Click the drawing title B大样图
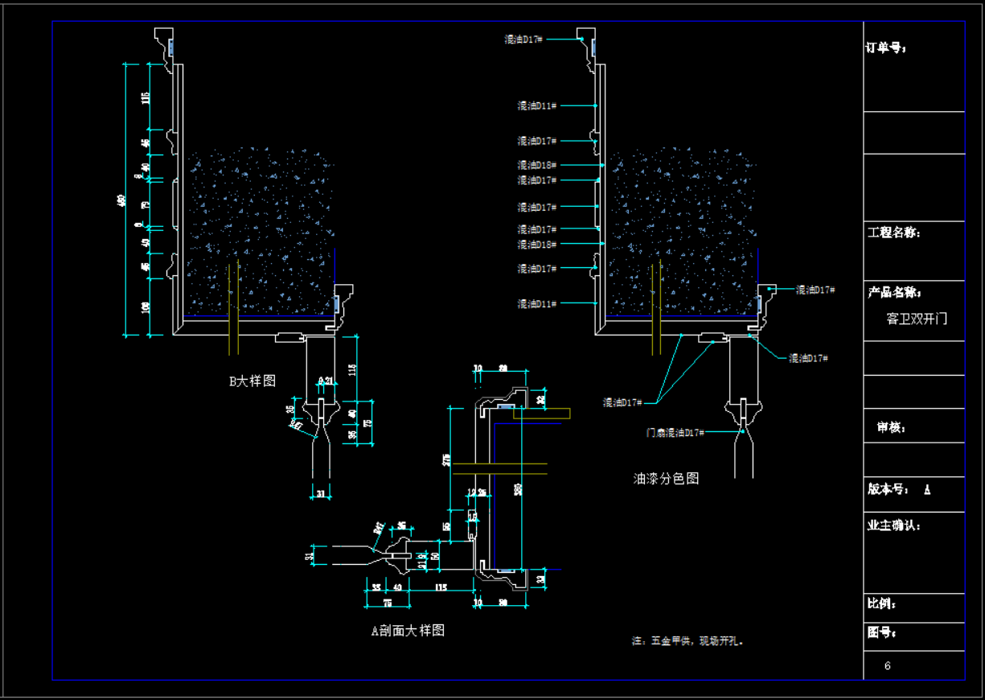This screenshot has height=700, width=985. pyautogui.click(x=252, y=381)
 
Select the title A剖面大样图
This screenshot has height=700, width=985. pyautogui.click(x=408, y=631)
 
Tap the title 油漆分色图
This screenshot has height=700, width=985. pyautogui.click(x=666, y=479)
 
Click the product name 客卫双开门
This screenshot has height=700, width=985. pyautogui.click(x=917, y=319)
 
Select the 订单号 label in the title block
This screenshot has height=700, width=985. pyautogui.click(x=886, y=48)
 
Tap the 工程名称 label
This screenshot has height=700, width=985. pyautogui.click(x=894, y=233)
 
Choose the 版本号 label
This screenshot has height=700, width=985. pyautogui.click(x=889, y=489)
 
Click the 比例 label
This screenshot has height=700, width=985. pyautogui.click(x=882, y=603)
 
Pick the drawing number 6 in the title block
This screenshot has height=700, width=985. pyautogui.click(x=888, y=666)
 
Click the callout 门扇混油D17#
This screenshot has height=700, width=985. pyautogui.click(x=675, y=433)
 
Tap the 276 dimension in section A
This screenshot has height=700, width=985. pyautogui.click(x=446, y=460)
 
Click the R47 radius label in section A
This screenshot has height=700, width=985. pyautogui.click(x=378, y=528)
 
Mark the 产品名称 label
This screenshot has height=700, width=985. pyautogui.click(x=894, y=292)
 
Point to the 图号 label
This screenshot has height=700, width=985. pyautogui.click(x=882, y=633)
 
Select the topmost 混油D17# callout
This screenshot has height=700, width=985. pyautogui.click(x=523, y=39)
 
